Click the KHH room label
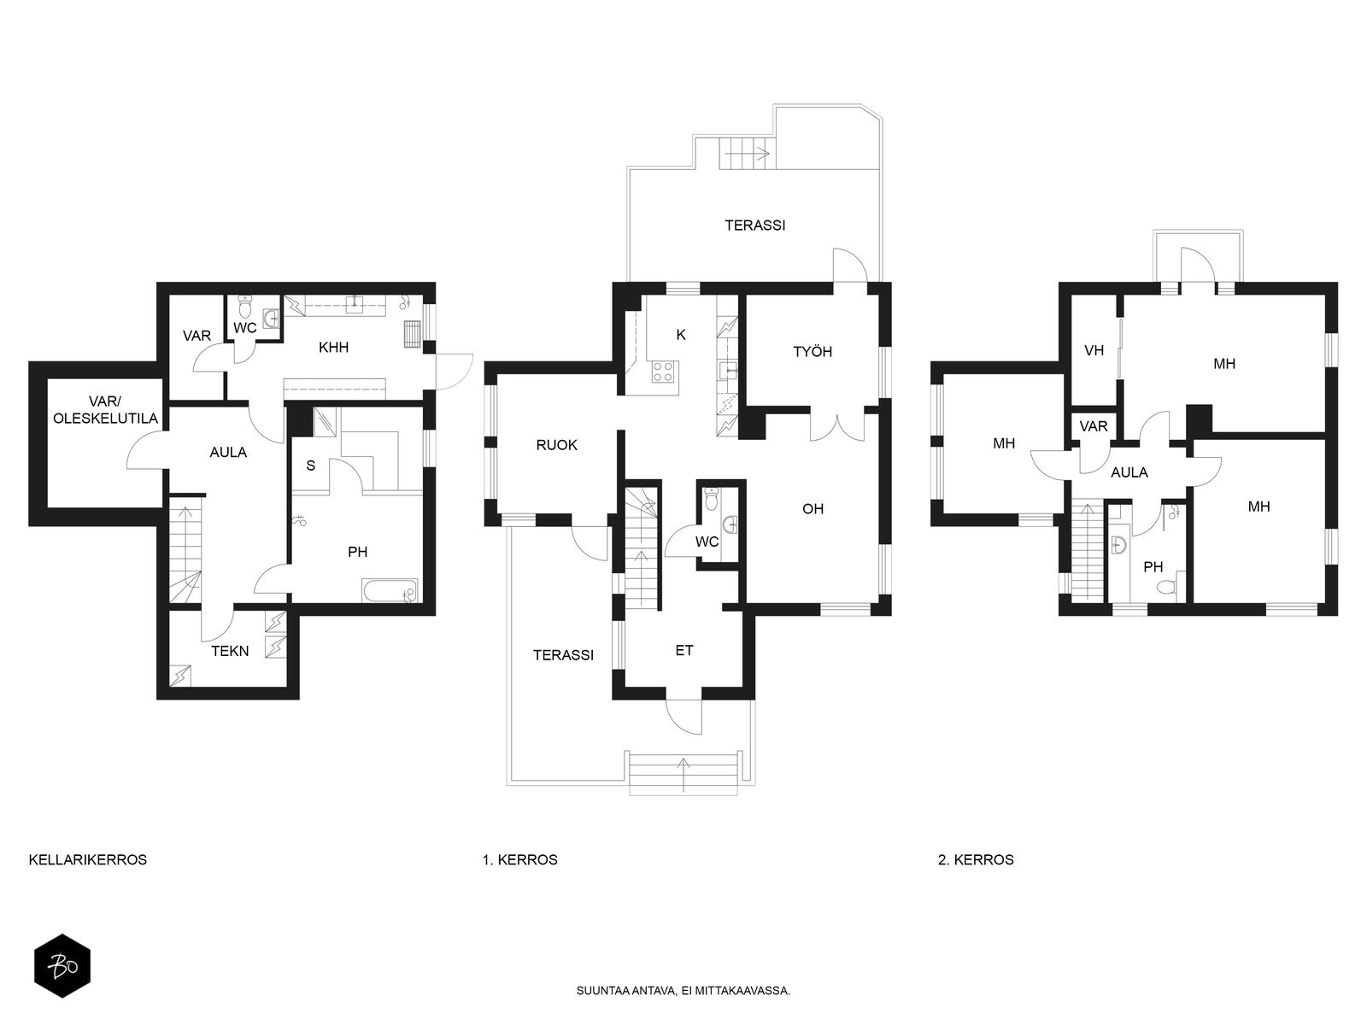coord(333,348)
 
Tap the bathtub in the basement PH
coord(390,590)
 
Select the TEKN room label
coord(230,651)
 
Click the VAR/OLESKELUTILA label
coord(105,410)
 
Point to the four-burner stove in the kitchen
coord(663,372)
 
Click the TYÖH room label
coord(813,352)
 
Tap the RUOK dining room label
coord(556,445)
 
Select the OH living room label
coord(813,509)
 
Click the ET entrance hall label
coord(683,650)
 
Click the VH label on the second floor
coord(1094,350)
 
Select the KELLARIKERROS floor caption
coord(88,859)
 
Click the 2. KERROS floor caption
coord(976,859)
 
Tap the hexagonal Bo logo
coord(62,966)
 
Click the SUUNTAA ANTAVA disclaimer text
coord(683,991)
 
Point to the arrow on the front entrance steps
coord(683,775)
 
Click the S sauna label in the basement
coord(311,466)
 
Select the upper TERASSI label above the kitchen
coord(754,225)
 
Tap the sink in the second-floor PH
coord(1118,545)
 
